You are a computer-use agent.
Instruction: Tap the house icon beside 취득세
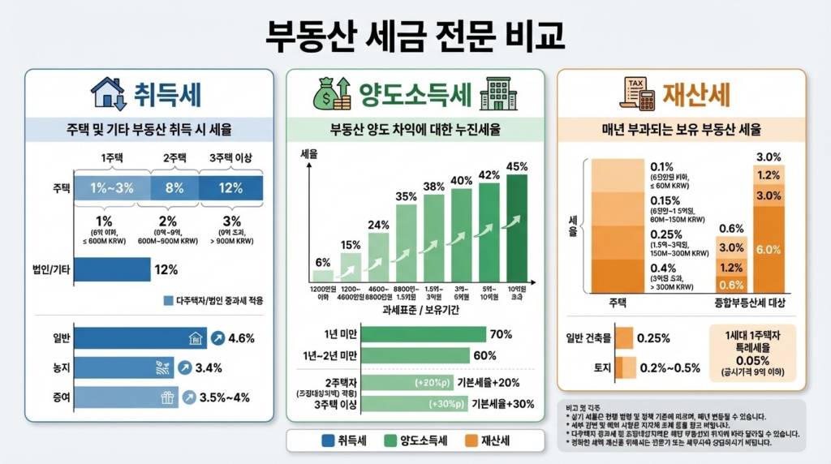(x=108, y=92)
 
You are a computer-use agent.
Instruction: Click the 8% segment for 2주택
(x=174, y=188)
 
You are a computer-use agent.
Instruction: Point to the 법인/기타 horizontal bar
(x=112, y=269)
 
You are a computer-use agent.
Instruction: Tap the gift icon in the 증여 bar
(x=168, y=397)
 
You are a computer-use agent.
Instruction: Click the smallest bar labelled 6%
(x=323, y=275)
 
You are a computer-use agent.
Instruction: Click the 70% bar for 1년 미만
(x=423, y=333)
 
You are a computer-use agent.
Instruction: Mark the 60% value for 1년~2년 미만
(x=485, y=355)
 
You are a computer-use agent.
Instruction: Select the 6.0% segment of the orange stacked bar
(x=769, y=250)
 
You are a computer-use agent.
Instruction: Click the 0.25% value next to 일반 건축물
(x=653, y=337)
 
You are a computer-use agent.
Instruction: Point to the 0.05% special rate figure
(x=752, y=360)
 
